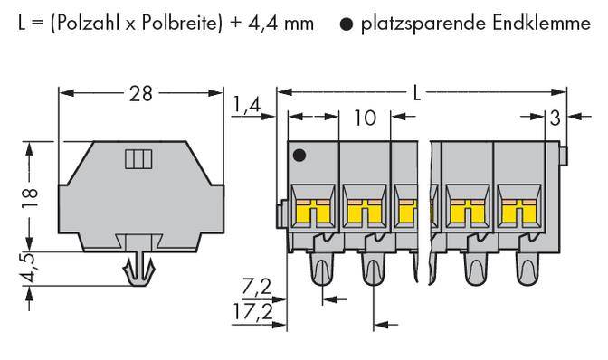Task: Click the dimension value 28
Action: pyautogui.click(x=141, y=92)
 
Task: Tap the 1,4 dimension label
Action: pyautogui.click(x=246, y=106)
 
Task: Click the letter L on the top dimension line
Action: pyautogui.click(x=415, y=92)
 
